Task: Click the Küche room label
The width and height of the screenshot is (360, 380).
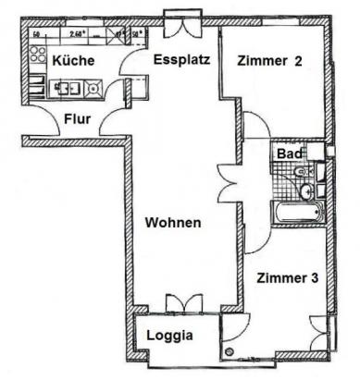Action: [71, 60]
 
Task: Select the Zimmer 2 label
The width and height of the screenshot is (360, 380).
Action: [270, 62]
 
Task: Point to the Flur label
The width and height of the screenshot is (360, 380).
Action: [77, 119]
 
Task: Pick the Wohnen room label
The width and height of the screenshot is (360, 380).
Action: [173, 224]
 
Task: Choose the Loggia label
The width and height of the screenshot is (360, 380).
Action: [170, 337]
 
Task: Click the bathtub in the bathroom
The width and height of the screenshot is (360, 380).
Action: [293, 213]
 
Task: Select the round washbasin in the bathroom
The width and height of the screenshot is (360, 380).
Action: [305, 191]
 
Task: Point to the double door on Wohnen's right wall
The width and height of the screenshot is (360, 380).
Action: [228, 179]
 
